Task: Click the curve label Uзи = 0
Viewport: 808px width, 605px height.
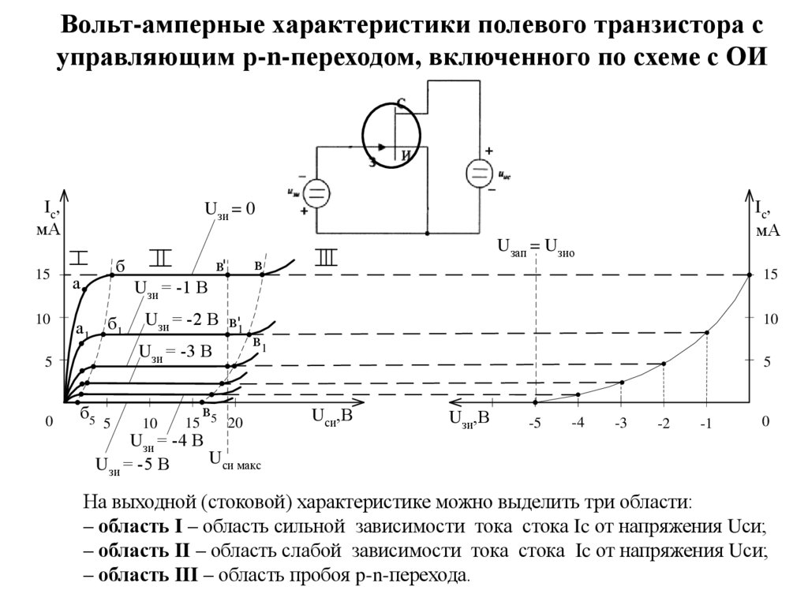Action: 230,210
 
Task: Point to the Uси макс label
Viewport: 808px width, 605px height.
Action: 235,459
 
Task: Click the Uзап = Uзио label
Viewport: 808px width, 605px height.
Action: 535,248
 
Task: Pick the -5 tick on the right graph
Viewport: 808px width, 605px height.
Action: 536,424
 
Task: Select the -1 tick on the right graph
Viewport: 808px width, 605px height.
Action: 705,425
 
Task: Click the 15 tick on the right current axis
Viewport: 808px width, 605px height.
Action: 770,274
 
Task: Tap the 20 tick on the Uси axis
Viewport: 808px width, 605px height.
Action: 235,424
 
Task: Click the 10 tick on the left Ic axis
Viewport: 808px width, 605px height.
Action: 41,318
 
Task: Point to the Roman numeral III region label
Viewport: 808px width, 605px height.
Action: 325,257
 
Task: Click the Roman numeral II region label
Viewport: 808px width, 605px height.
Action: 159,257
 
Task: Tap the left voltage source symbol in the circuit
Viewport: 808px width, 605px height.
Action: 316,193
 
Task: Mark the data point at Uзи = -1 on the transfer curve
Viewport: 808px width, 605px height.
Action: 706,333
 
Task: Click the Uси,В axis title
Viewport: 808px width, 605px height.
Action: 331,416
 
